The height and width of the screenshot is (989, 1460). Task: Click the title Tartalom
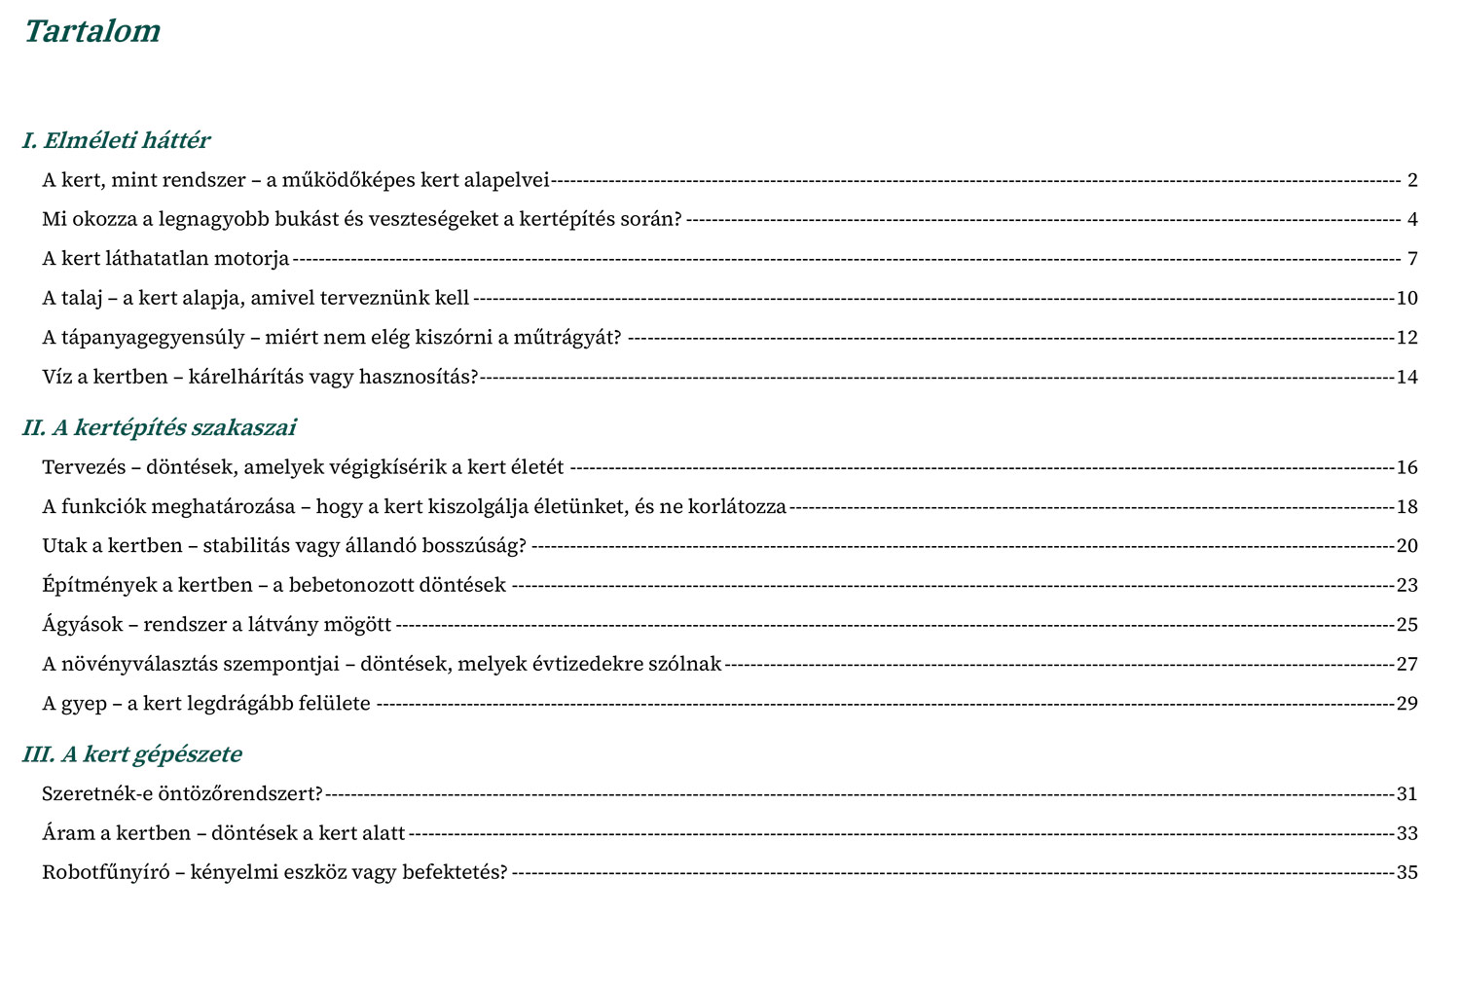[91, 32]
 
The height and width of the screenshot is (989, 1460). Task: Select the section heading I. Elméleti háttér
[116, 141]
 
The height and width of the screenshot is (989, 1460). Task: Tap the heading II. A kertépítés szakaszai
[159, 428]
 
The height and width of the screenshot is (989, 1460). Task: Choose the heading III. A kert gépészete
[131, 754]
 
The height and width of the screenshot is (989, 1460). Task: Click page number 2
[1412, 180]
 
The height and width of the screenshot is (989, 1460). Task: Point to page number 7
[1412, 259]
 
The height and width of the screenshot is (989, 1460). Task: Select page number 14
[1407, 377]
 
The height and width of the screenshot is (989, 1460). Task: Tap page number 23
[1407, 585]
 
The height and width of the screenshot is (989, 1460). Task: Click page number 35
[1407, 872]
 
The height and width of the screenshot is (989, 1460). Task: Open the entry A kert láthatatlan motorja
[165, 259]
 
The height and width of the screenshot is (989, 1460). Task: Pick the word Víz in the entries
[56, 377]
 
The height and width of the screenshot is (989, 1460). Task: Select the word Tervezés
[84, 467]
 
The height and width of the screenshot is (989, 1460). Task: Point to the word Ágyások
[82, 625]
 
